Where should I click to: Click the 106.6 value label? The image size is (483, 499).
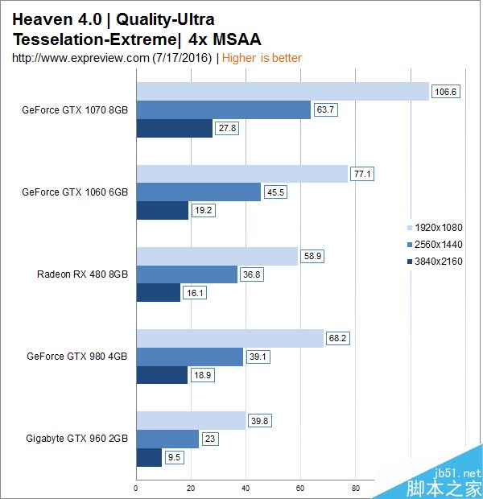pos(445,92)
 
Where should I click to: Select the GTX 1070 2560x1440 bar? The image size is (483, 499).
pos(223,109)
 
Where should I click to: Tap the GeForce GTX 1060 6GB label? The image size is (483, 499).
pos(75,192)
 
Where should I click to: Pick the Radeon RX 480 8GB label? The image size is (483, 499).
pos(82,274)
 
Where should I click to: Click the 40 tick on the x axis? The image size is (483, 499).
pos(246,487)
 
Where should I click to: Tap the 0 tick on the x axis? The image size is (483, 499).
pos(136,487)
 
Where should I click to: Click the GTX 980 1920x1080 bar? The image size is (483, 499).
pos(229,338)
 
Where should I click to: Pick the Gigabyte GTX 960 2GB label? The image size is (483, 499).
pos(77,438)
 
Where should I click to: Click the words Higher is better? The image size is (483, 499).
pos(262,58)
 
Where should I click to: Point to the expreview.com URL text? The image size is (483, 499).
pos(113,58)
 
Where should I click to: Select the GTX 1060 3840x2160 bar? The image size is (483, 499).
pos(162,211)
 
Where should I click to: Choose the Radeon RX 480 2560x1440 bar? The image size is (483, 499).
pos(187,274)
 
